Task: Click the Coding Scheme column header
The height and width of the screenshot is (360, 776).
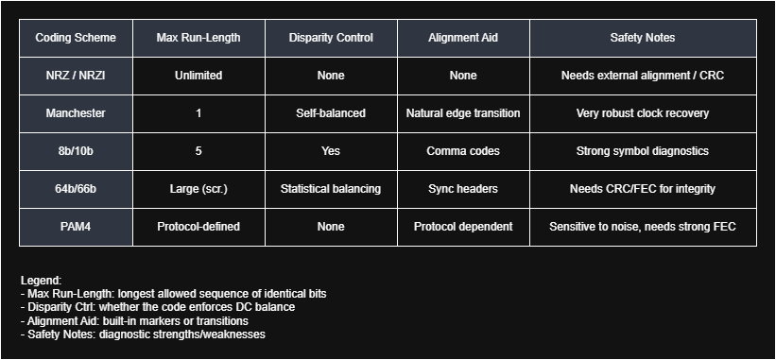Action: pos(76,38)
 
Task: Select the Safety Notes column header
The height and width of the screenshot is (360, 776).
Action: pos(643,38)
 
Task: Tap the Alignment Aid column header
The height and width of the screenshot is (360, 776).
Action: pos(463,38)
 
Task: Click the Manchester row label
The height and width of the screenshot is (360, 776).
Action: pos(76,113)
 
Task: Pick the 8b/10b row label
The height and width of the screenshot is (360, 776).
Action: pos(76,151)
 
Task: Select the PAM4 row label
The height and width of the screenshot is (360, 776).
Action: pos(76,227)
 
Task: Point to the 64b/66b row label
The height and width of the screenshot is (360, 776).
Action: pos(76,189)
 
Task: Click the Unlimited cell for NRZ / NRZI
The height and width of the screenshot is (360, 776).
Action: pos(198,76)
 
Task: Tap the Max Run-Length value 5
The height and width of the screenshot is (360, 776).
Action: pos(198,151)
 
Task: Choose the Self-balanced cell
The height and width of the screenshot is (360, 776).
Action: pos(331,113)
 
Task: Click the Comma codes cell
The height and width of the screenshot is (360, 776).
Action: pos(463,151)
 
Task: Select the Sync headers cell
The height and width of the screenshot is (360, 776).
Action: pos(463,189)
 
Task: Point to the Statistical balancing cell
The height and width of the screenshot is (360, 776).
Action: pos(331,189)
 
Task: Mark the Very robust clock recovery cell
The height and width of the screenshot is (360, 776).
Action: pos(643,113)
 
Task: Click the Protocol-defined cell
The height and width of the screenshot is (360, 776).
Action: pos(198,227)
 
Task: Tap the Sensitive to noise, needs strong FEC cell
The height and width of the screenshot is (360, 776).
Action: pos(643,227)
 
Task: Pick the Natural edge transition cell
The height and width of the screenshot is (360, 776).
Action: pos(463,113)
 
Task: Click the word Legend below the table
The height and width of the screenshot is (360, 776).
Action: pos(41,281)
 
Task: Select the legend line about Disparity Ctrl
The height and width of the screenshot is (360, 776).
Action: pos(158,307)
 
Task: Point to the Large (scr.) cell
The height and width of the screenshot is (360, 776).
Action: pos(198,189)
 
